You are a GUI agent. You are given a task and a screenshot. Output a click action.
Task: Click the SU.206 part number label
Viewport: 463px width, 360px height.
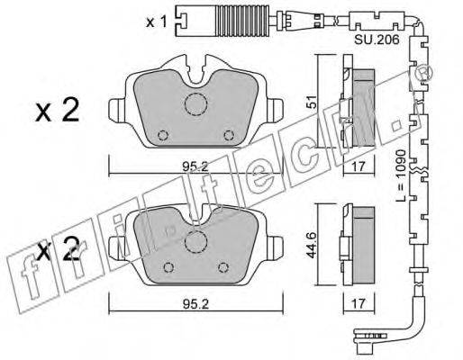click(377, 40)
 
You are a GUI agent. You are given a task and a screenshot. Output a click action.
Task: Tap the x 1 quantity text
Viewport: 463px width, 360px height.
click(156, 22)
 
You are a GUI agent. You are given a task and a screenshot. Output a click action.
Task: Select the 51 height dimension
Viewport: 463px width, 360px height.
click(313, 102)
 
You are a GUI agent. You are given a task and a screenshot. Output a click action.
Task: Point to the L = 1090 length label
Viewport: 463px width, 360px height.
click(402, 175)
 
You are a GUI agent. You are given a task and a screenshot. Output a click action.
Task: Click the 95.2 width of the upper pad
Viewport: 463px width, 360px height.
click(195, 166)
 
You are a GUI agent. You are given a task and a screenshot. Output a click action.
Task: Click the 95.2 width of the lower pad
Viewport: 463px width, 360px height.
click(195, 304)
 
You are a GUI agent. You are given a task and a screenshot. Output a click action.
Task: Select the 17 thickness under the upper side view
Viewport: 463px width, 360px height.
click(359, 166)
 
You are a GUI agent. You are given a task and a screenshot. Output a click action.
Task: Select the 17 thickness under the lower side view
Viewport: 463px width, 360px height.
click(359, 303)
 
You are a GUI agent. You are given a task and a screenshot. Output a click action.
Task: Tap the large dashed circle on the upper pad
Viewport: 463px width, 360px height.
click(195, 104)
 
